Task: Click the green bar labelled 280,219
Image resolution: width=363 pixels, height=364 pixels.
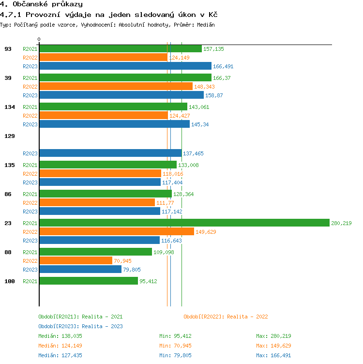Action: coord(184,223)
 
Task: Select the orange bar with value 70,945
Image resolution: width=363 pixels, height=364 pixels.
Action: coord(76,260)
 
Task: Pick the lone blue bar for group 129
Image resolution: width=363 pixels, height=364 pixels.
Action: coord(110,153)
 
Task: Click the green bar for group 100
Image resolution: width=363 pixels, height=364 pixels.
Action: coord(88,281)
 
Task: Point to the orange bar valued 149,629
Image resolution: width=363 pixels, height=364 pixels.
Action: coord(116,231)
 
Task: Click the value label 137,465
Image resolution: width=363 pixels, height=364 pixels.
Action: coord(193,153)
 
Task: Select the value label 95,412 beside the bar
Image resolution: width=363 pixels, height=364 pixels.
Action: coord(148,281)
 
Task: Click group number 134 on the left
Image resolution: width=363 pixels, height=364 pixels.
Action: coord(9,107)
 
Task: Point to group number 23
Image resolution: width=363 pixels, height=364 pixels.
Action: coord(8,223)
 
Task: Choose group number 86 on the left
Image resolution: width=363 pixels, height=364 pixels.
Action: coord(8,194)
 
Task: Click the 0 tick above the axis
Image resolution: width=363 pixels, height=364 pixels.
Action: coord(39,39)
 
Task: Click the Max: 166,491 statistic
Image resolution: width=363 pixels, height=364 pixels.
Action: coord(273,355)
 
